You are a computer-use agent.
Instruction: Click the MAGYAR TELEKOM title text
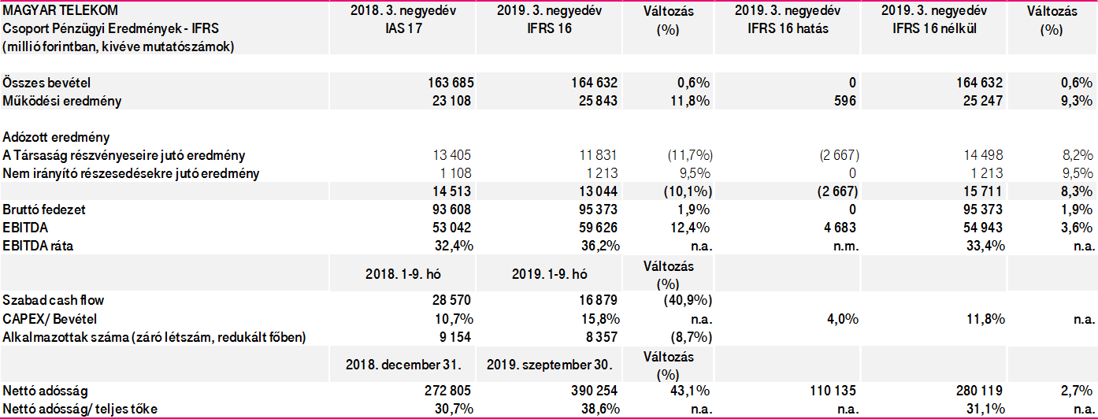(61, 10)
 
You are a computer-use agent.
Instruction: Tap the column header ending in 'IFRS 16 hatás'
(787, 20)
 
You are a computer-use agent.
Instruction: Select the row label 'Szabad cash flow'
(54, 300)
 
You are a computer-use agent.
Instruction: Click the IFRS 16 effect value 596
(847, 101)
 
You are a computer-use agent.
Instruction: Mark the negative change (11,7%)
(690, 155)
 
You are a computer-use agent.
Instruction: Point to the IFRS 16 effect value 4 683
(840, 227)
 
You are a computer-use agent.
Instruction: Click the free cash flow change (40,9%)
(690, 300)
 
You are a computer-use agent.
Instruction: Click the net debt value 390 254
(592, 391)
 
